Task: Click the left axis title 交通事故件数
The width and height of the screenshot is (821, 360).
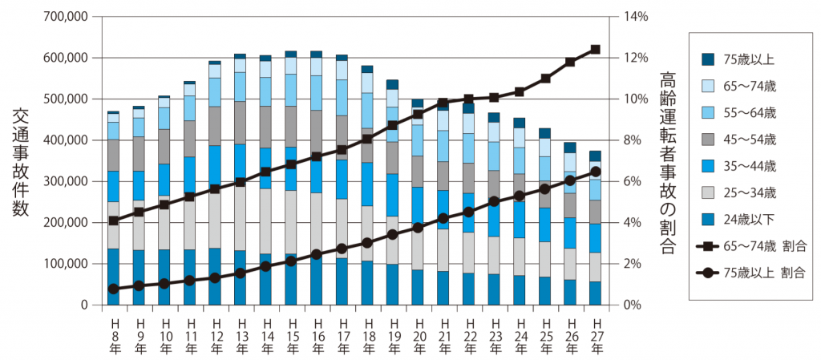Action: (22, 160)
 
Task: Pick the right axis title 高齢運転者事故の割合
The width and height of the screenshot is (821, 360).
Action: (667, 160)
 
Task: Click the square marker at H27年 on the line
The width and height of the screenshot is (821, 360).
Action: (595, 50)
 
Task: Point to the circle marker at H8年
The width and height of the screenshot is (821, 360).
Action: (113, 289)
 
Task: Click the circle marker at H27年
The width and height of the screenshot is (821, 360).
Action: (595, 172)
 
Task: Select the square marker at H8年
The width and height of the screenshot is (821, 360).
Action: (113, 220)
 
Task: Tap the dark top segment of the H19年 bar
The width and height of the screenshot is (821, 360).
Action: (392, 84)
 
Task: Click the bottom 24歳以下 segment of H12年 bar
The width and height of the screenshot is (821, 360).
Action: (214, 277)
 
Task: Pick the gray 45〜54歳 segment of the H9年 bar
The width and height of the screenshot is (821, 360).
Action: (139, 154)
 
